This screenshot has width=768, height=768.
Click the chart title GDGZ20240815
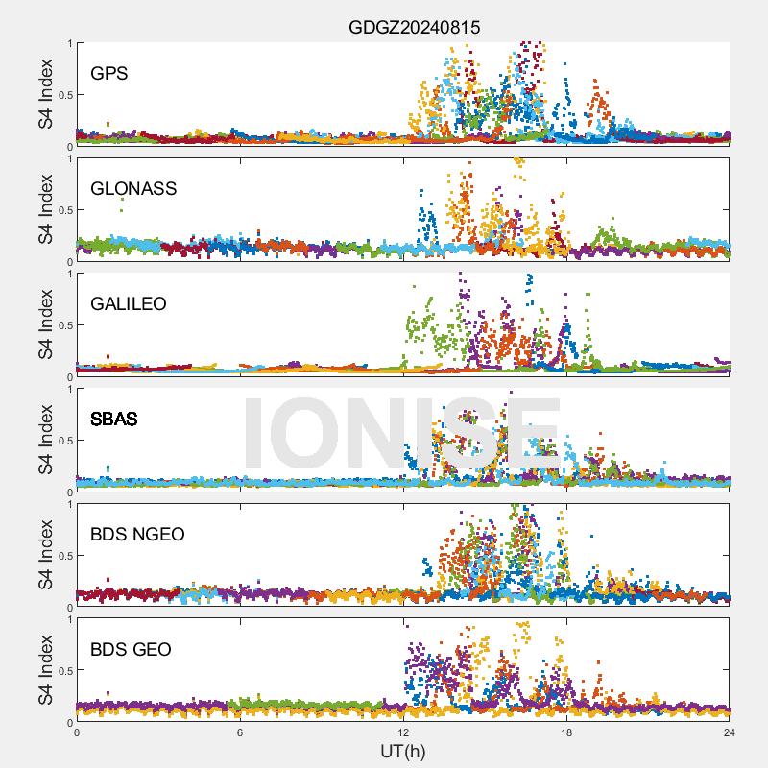pos(414,28)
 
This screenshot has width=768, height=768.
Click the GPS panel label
pos(109,73)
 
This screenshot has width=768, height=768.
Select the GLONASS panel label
pos(133,188)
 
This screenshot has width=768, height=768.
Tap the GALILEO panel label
pos(129,303)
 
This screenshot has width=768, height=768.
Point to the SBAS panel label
pos(114,419)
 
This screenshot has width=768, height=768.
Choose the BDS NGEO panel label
pos(137,534)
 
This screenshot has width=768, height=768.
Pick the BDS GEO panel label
pos(131,650)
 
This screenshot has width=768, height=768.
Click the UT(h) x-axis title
pos(402,751)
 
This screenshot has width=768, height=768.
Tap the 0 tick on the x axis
pos(77,732)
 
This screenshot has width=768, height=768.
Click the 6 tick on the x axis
pos(240,732)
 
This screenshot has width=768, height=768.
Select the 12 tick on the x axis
pos(403,732)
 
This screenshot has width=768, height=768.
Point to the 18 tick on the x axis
pos(566,732)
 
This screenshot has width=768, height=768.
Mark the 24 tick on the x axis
pos(730,732)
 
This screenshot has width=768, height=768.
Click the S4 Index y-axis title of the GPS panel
pos(46,94)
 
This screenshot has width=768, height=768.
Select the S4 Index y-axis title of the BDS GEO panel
pos(46,670)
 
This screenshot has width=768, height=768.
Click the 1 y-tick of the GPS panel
pos(68,43)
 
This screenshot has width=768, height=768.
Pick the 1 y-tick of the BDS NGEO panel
pos(68,504)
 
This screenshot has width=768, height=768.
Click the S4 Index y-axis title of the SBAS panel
pos(46,440)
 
